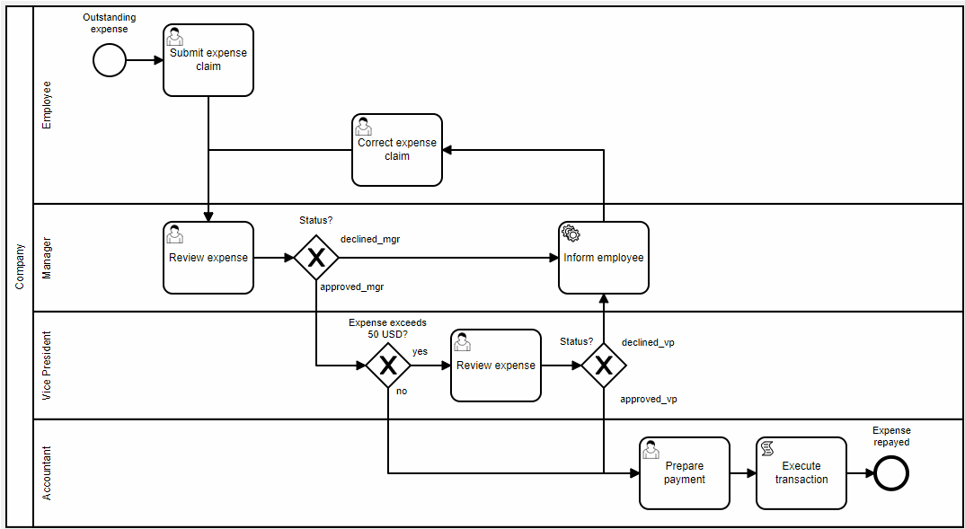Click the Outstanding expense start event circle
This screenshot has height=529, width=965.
[x=110, y=60]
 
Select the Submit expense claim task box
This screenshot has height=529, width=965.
[x=208, y=60]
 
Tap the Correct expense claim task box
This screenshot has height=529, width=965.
[x=397, y=150]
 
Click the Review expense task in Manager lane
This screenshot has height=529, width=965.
[x=208, y=258]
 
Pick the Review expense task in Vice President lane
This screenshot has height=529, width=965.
[x=496, y=366]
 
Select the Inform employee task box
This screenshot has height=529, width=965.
[x=604, y=258]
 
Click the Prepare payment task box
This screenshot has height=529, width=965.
[x=685, y=473]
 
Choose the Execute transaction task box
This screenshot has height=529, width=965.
[x=801, y=473]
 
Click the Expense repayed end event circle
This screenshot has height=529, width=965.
[x=891, y=473]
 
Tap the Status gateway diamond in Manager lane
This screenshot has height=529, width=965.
[x=316, y=258]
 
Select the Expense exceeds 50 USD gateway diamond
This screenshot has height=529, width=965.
[x=388, y=366]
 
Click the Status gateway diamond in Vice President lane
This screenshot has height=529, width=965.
[x=604, y=366]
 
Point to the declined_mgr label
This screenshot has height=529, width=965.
[x=370, y=240]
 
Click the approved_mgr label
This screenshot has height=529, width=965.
[x=352, y=287]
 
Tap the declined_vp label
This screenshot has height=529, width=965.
[x=648, y=342]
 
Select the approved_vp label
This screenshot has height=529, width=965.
[x=648, y=399]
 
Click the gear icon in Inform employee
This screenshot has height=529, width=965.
[x=571, y=234]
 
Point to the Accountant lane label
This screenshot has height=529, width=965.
[x=48, y=473]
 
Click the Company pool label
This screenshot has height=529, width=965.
[x=20, y=267]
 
